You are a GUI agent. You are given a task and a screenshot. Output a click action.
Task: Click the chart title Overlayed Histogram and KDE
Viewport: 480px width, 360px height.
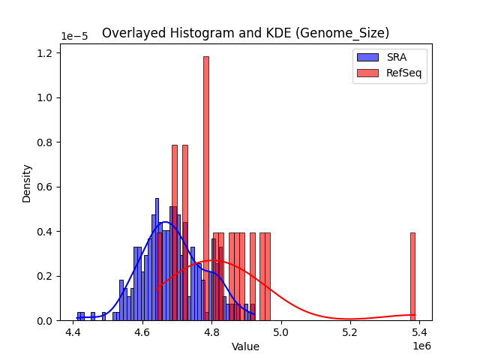coord(245,33)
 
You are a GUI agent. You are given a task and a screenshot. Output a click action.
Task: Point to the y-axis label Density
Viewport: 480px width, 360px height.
coord(27,183)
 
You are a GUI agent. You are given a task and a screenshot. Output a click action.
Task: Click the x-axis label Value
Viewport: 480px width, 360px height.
coord(245,346)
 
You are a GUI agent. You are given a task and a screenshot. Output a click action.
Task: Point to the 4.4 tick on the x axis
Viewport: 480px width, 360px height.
coord(73,331)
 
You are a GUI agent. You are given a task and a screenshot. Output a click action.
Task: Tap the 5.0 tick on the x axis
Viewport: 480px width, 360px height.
coord(281,331)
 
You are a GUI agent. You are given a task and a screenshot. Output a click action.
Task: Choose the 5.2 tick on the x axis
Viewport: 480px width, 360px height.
coord(350,331)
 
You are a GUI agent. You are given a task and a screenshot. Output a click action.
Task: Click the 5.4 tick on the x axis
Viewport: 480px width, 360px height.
coord(419,331)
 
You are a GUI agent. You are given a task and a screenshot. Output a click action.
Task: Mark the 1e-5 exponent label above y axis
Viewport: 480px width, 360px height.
coord(75,37)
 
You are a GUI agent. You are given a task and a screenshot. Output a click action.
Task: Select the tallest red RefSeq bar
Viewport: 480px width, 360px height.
coord(206,187)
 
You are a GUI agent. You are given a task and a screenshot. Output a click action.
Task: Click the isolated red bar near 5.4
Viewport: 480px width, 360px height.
coord(412,276)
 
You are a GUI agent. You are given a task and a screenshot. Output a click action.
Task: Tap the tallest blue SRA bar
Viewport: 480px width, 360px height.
coord(157,259)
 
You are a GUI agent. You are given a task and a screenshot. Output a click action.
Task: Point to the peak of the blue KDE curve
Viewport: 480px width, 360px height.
coord(166,222)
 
